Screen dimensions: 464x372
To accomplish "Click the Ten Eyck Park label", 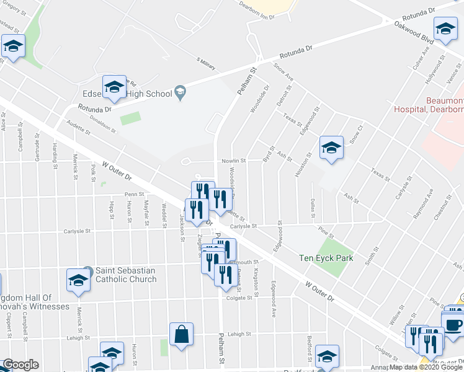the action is pos(326,258).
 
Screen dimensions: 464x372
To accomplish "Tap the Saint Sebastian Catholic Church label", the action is pos(125,275).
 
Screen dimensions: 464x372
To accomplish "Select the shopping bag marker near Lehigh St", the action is pos(181,335).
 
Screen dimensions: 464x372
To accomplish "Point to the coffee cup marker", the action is pos(453,324).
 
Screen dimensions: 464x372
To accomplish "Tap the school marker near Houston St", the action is pos(331,148).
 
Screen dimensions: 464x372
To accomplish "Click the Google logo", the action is pos(20,365).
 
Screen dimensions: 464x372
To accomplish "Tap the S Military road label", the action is pos(205,64).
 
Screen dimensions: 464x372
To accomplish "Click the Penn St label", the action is pos(134,195).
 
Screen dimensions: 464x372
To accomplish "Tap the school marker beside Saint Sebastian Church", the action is pos(79,280).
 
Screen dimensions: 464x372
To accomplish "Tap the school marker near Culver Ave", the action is pos(445,29).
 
